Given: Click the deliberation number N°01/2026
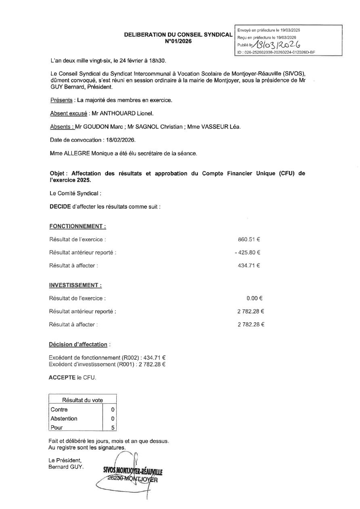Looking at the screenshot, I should tap(178, 41).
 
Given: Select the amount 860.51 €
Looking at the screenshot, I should tap(249, 240).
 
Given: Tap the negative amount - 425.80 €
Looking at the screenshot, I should tap(247, 253).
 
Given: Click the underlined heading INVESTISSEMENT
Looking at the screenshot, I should tap(75, 285).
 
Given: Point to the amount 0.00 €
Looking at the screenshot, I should tap(255, 298).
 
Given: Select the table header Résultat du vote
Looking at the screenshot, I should tap(82, 400).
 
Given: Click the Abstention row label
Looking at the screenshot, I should tap(64, 419).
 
